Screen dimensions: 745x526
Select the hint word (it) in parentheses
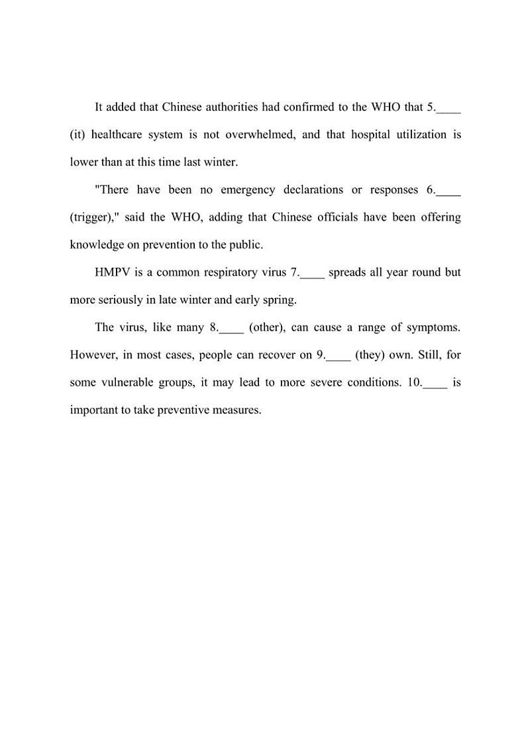(x=78, y=135)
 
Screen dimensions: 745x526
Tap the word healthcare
(x=117, y=135)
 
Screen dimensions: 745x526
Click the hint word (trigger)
(x=91, y=217)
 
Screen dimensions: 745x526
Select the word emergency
(x=247, y=190)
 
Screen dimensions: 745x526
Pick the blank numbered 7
(x=313, y=273)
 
